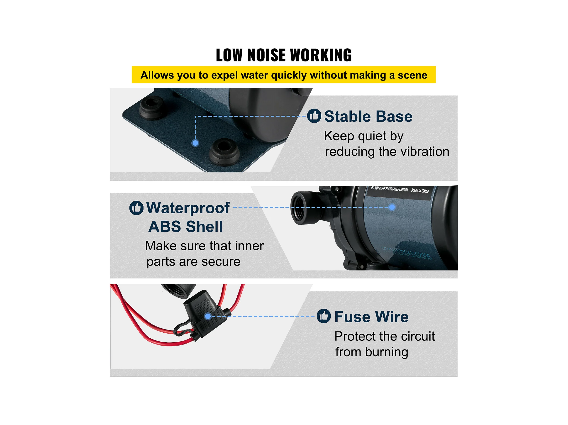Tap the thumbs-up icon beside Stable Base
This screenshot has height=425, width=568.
tap(314, 116)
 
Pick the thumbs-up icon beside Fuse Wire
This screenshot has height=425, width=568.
tap(323, 316)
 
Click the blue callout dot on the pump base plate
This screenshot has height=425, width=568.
tap(195, 143)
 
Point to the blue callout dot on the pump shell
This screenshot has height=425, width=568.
tap(392, 207)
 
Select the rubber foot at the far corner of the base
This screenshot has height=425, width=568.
tap(151, 108)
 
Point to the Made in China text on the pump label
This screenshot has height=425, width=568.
tap(420, 191)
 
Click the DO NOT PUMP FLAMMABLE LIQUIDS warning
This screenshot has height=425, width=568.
tap(389, 189)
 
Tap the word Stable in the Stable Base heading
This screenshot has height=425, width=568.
tap(344, 117)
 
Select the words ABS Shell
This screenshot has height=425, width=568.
tap(185, 227)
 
